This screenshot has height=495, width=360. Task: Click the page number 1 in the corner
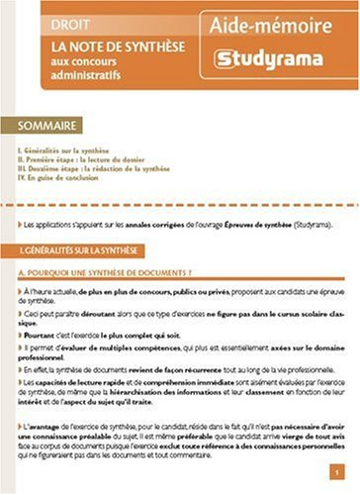(x=338, y=473)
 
